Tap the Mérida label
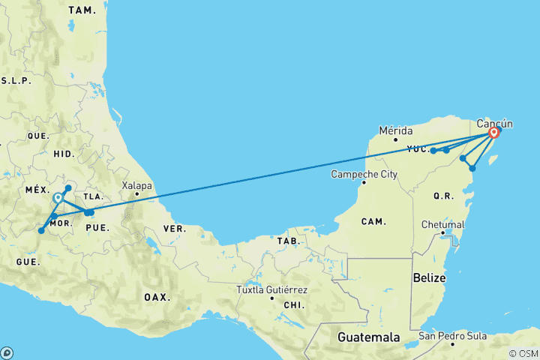coord(396,130)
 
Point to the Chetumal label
coord(444,224)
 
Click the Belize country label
coord(430,277)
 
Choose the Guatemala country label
coord(369,337)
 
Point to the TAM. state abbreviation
coord(82,10)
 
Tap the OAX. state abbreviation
coord(157,297)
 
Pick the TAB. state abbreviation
coord(287,241)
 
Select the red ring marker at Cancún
coord(493,133)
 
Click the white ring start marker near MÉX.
coord(58,198)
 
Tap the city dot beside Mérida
coord(396,139)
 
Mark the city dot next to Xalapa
coord(136,194)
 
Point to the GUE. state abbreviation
coord(28,262)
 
